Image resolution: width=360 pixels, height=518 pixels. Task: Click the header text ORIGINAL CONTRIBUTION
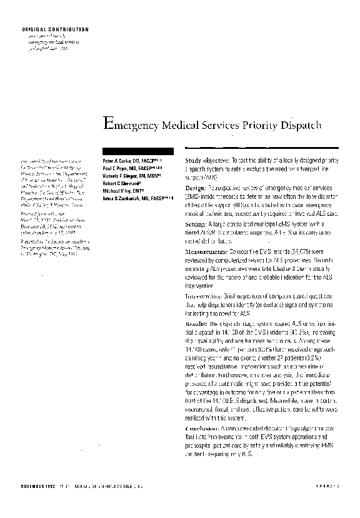(x=56, y=29)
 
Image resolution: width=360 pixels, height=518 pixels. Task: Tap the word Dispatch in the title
(x=300, y=124)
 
